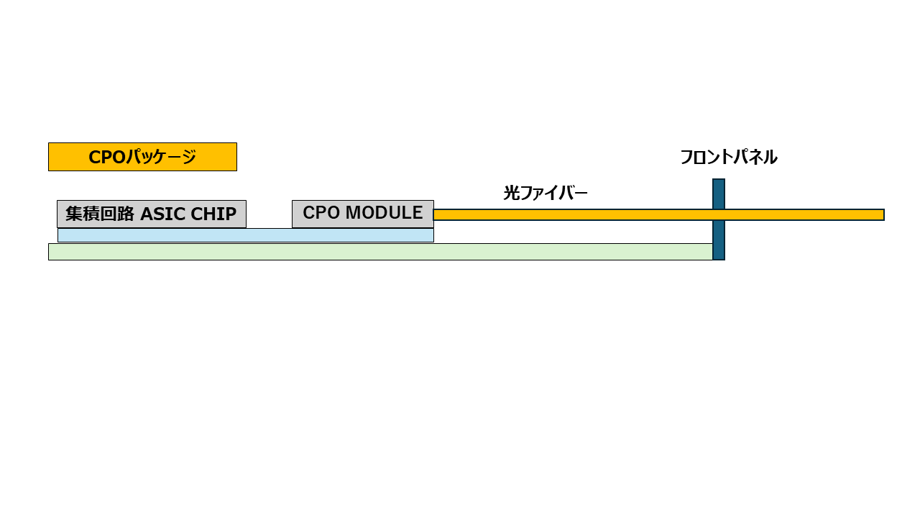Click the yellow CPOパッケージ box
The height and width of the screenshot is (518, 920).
pyautogui.click(x=142, y=157)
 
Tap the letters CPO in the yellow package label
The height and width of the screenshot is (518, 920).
pyautogui.click(x=106, y=158)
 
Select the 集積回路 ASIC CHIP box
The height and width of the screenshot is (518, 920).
pyautogui.click(x=151, y=214)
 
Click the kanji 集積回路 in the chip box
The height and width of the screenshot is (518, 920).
pyautogui.click(x=100, y=214)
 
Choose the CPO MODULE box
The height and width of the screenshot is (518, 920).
pyautogui.click(x=362, y=214)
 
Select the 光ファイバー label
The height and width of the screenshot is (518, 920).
pyautogui.click(x=545, y=193)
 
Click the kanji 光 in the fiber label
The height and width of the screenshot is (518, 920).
pyautogui.click(x=511, y=193)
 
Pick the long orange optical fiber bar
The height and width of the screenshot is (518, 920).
pyautogui.click(x=575, y=214)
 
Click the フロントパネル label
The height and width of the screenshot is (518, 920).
pyautogui.click(x=728, y=157)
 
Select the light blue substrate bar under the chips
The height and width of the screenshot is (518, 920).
pyautogui.click(x=245, y=235)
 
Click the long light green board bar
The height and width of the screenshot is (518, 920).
pyautogui.click(x=380, y=252)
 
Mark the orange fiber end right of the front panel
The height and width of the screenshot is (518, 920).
pyautogui.click(x=805, y=214)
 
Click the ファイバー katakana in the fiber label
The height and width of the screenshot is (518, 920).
pyautogui.click(x=553, y=193)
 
